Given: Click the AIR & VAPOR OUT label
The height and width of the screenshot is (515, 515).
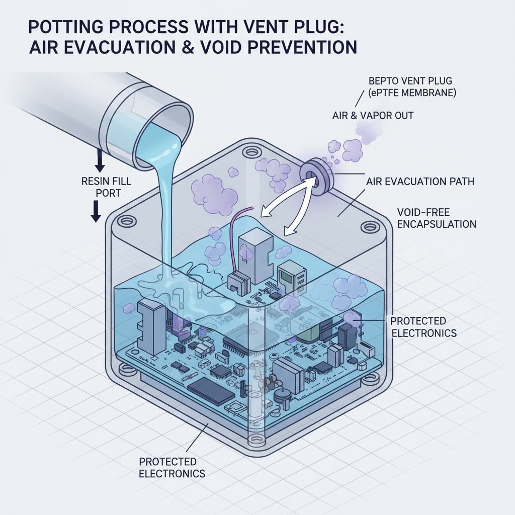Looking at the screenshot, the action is (373, 116).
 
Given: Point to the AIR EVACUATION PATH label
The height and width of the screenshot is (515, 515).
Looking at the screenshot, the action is (420, 181).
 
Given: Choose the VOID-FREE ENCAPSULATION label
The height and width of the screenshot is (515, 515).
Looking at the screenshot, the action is (437, 218).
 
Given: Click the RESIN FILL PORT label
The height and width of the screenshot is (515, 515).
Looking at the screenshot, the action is (106, 187).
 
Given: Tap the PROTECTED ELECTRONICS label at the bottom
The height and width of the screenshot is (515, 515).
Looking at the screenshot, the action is (172, 467).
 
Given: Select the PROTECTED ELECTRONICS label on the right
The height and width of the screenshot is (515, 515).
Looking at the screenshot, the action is (423, 327).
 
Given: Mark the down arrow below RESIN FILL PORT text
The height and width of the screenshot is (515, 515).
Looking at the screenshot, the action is (96, 212).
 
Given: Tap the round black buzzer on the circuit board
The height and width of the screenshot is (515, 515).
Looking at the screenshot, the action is (282, 396).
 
